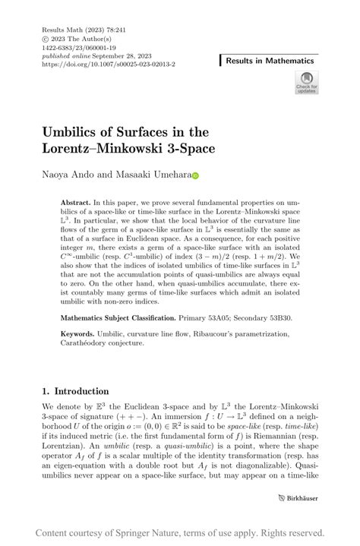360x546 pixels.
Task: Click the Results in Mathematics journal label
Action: click(269, 60)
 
